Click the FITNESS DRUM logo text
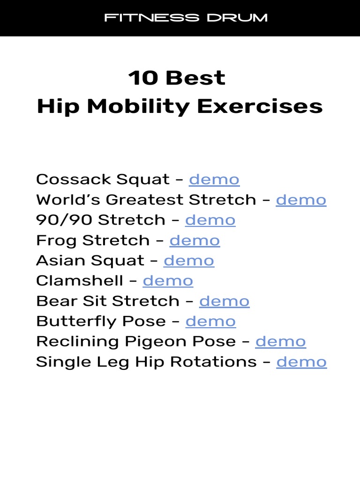(186, 18)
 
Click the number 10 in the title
(143, 78)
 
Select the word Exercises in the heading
(260, 106)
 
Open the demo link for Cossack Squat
(214, 180)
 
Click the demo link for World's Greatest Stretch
(301, 200)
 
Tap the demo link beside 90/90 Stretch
(210, 220)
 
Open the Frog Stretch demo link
(195, 240)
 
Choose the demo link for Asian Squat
(189, 261)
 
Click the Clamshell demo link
(168, 281)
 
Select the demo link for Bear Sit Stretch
(225, 301)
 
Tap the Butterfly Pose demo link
(211, 321)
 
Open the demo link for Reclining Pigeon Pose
(280, 341)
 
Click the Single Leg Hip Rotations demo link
(301, 361)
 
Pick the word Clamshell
(80, 281)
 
